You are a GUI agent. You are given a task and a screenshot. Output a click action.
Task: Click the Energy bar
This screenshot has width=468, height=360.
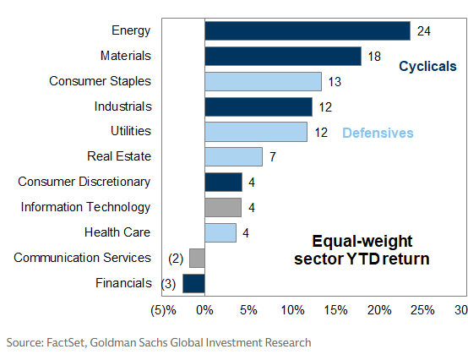tap(307, 31)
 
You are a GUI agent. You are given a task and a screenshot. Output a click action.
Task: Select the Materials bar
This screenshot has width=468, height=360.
tap(283, 56)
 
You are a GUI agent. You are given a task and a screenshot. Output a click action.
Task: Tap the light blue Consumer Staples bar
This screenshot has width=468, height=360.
tap(263, 81)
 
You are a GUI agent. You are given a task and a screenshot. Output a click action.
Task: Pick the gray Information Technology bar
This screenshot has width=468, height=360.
tap(223, 207)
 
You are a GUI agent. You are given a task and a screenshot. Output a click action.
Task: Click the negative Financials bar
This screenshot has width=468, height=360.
tap(193, 283)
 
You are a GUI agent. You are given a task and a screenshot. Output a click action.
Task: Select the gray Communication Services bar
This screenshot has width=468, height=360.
tap(197, 258)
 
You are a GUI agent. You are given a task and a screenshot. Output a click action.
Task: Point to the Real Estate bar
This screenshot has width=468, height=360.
tap(233, 157)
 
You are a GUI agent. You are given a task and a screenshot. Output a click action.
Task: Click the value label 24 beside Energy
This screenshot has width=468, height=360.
tap(424, 31)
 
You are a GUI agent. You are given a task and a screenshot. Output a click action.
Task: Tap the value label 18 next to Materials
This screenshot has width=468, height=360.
tap(374, 57)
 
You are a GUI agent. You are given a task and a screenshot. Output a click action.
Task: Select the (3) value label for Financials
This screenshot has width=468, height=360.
tap(170, 283)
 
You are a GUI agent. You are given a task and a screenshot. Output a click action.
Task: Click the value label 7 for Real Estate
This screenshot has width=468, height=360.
tap(272, 157)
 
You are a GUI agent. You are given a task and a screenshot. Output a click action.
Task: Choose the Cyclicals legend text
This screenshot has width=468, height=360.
tap(427, 66)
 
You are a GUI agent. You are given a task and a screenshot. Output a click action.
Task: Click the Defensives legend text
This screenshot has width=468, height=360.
tap(378, 134)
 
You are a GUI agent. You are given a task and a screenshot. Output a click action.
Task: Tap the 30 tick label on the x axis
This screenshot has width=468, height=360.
tap(460, 309)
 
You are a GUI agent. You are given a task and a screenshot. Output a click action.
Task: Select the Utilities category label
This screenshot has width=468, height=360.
tap(130, 131)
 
